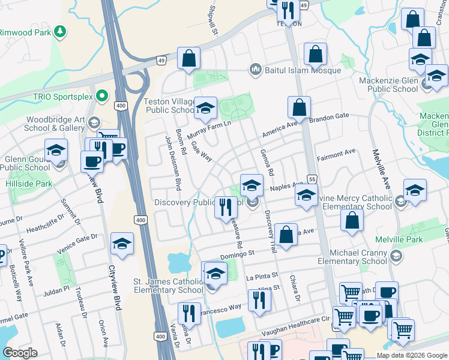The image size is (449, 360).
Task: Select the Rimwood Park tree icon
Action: click(59, 31)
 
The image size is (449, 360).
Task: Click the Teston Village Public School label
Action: click(169, 106)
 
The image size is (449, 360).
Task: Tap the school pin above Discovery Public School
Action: click(252, 185)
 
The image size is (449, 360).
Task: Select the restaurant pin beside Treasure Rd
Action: click(226, 207)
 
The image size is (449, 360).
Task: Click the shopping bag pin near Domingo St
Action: click(287, 235)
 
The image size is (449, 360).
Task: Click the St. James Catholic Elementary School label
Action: click(168, 286)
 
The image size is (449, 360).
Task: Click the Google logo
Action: click(20, 353)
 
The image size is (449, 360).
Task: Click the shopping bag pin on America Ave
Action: click(299, 107)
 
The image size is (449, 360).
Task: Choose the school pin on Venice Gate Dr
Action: click(122, 244)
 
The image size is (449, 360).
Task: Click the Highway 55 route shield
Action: click(312, 179)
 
